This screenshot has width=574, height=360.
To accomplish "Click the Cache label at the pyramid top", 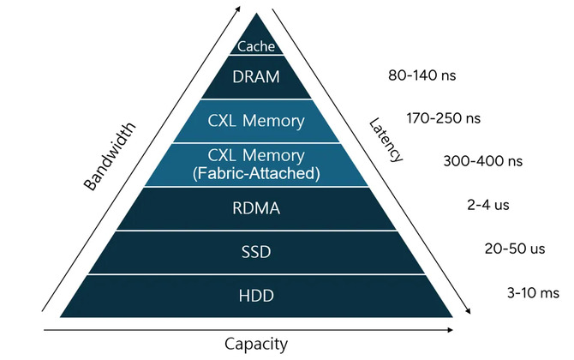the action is (x=256, y=46).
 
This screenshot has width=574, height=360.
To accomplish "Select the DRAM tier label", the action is (x=256, y=77).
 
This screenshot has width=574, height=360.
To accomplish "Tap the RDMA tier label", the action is (x=256, y=208).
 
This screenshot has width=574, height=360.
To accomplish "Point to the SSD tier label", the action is (x=256, y=252).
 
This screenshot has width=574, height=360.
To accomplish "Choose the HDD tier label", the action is (x=256, y=296).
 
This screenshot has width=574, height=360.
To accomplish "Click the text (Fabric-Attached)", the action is (x=256, y=173).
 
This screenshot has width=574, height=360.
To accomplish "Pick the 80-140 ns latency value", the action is (x=422, y=75).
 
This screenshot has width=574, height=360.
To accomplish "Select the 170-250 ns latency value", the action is (x=443, y=118).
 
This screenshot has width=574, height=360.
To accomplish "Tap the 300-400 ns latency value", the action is (x=483, y=161).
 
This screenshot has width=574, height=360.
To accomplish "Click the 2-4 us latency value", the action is (x=488, y=205).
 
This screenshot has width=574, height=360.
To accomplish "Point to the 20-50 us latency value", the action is (x=515, y=249).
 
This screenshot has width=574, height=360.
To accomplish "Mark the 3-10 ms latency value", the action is (x=533, y=292).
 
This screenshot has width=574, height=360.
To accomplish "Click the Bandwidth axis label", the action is (x=110, y=156).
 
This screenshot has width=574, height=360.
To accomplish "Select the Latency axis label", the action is (x=386, y=140).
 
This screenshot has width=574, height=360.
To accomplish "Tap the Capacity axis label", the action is (x=256, y=345).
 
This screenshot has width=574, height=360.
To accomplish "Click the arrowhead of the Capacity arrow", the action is (x=451, y=330).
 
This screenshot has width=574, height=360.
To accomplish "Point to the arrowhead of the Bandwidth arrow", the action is (x=238, y=9).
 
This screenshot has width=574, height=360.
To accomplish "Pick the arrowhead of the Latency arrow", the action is (x=468, y=311).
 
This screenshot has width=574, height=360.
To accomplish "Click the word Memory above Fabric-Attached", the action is (x=273, y=156).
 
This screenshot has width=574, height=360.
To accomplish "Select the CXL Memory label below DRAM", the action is (x=256, y=121).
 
